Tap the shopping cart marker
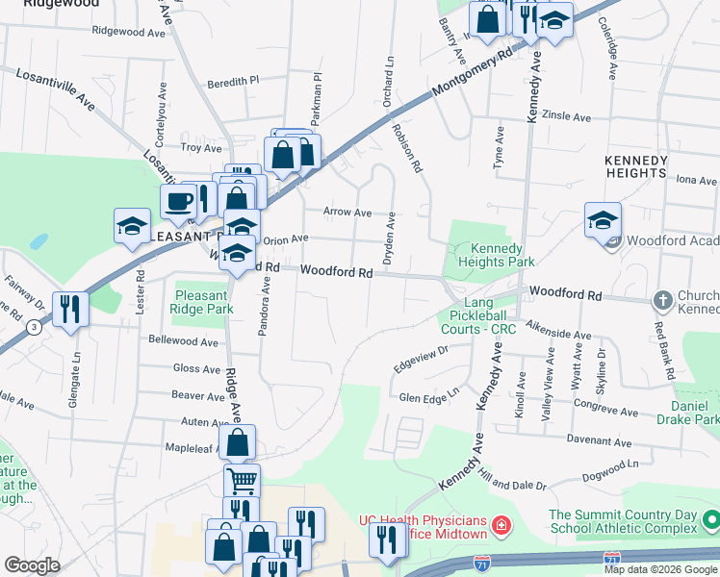point(242,480)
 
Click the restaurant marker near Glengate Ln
point(70,309)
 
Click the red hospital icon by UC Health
point(501,525)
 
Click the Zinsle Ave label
point(567,115)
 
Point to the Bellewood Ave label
point(184,340)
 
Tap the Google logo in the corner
point(32,565)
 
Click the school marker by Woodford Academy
point(603,221)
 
